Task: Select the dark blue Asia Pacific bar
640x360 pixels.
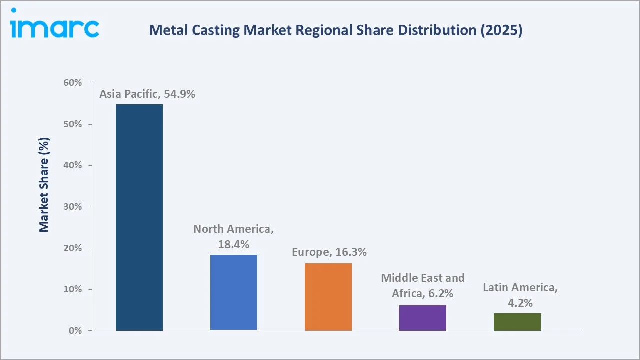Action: coord(139,217)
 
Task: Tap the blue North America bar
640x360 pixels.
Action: coord(234,292)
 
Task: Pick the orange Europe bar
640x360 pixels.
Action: coord(328,297)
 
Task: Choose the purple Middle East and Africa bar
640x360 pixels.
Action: coord(423,318)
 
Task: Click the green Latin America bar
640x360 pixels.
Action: coord(517,322)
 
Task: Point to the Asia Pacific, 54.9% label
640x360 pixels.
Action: coord(147,94)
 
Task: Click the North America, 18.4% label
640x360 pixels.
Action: coord(234,236)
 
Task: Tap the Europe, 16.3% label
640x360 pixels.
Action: coord(329,252)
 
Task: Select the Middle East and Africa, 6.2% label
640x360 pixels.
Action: coord(423,285)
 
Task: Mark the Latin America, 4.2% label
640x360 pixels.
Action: coord(520,295)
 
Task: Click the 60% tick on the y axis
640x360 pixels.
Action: coord(73,83)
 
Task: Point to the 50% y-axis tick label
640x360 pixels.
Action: coord(73,124)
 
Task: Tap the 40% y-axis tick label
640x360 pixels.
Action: coord(73,165)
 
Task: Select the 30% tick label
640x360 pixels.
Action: coord(73,207)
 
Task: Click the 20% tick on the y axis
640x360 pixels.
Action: coord(73,248)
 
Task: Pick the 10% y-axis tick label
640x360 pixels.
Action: coord(73,289)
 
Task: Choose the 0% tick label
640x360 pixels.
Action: coord(75,331)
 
